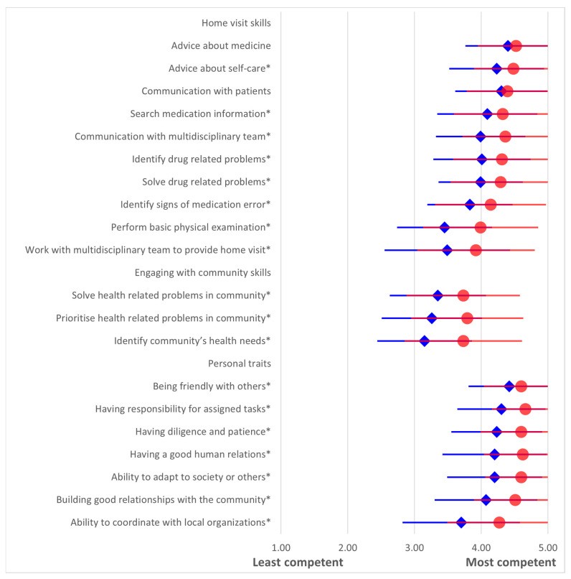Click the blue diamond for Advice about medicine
click(x=508, y=46)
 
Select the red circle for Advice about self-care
click(x=513, y=68)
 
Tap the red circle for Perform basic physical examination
click(x=481, y=227)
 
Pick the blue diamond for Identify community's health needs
click(x=424, y=341)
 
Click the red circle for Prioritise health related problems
click(x=467, y=318)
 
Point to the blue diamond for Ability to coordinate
click(x=461, y=522)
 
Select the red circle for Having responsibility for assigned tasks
click(x=525, y=409)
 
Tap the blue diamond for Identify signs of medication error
click(x=470, y=205)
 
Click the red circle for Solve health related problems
click(x=463, y=295)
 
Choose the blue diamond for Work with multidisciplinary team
click(x=447, y=250)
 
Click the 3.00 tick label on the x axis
click(x=415, y=547)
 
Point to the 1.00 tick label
click(x=281, y=547)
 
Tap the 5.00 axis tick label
click(x=548, y=547)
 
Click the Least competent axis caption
click(x=298, y=562)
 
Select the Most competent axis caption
click(x=511, y=562)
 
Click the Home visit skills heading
click(x=236, y=23)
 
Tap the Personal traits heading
click(x=240, y=363)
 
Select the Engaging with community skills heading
click(x=203, y=273)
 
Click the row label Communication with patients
click(x=206, y=91)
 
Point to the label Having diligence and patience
click(x=203, y=432)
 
